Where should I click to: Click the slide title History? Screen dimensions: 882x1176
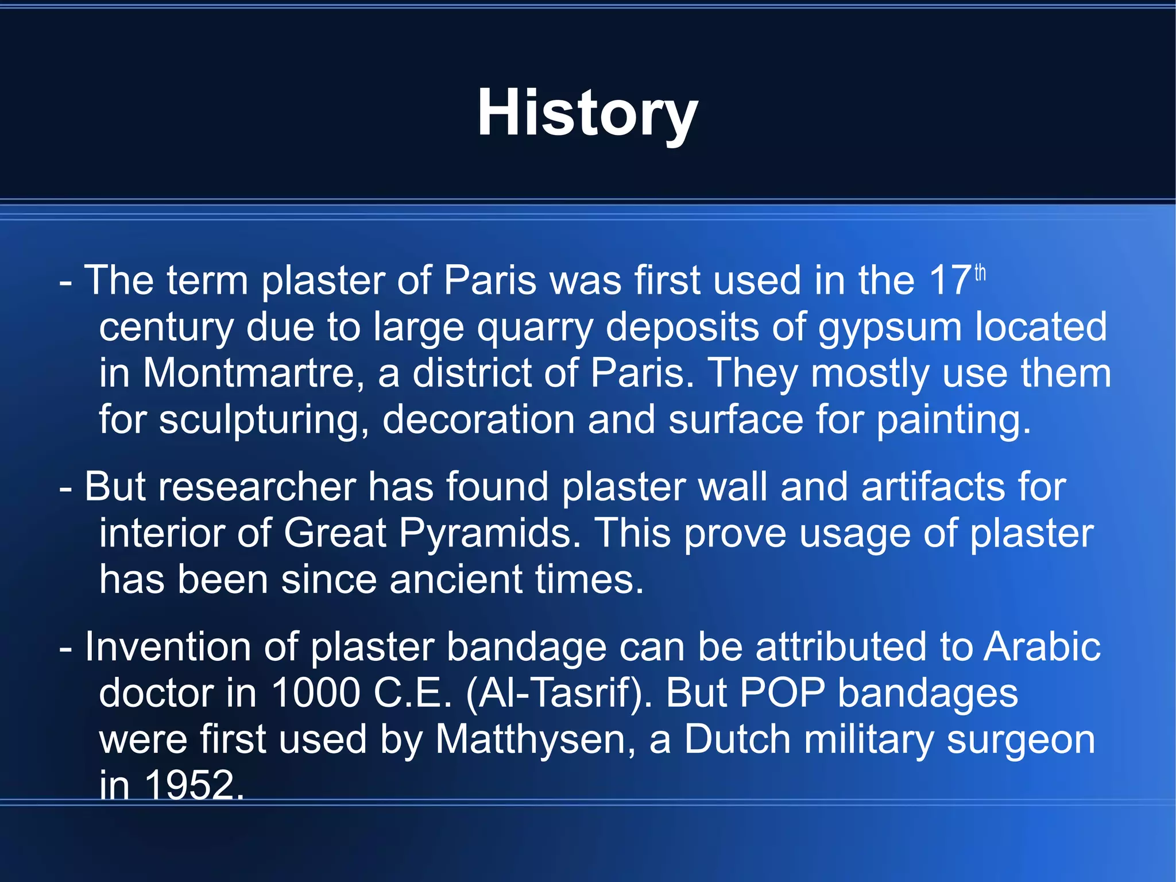[x=587, y=114]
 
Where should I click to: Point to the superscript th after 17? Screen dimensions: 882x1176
[x=980, y=272]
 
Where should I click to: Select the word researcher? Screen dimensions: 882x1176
[x=257, y=487]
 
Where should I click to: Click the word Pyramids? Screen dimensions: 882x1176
[x=490, y=534]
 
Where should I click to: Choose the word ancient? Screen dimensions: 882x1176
[x=456, y=579]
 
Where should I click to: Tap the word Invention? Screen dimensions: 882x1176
[x=168, y=647]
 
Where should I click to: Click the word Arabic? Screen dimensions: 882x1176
[x=1042, y=647]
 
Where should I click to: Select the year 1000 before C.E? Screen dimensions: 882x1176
[x=315, y=693]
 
